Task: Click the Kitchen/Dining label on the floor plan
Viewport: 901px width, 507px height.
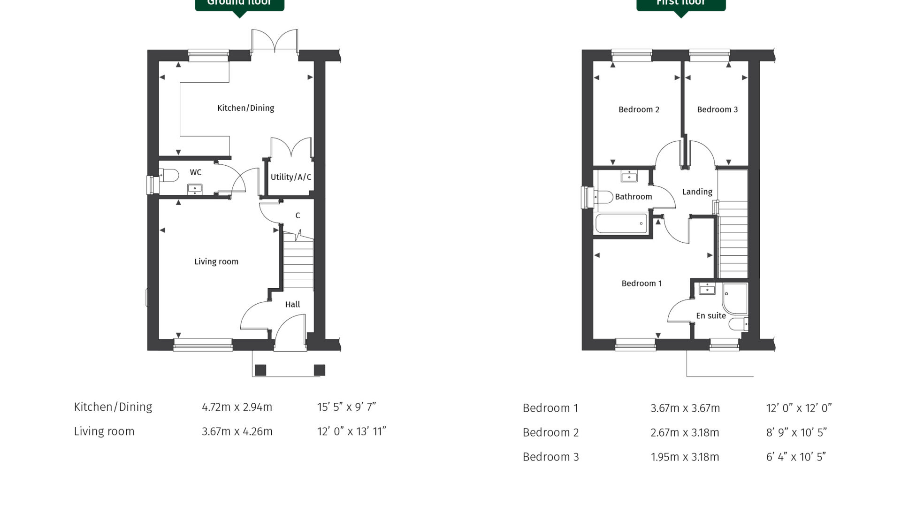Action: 245,108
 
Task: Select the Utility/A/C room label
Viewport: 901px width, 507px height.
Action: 290,177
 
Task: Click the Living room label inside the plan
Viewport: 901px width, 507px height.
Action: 216,261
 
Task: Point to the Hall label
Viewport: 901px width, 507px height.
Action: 292,304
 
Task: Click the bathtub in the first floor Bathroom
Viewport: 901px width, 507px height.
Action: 621,223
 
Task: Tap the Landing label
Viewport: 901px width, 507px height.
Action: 697,192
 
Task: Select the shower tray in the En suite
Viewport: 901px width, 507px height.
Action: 735,298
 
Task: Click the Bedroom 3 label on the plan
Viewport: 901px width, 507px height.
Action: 717,109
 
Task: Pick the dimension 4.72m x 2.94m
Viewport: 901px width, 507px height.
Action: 237,407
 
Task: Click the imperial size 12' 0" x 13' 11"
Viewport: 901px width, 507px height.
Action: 351,431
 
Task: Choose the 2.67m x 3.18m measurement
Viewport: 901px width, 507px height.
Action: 685,432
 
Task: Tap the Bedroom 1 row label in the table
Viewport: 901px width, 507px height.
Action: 550,408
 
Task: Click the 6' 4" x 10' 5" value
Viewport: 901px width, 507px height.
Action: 796,457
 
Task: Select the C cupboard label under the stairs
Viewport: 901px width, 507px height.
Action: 298,215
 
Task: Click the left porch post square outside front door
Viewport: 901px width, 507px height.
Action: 260,369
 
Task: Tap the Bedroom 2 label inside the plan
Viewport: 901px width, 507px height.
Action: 639,109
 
